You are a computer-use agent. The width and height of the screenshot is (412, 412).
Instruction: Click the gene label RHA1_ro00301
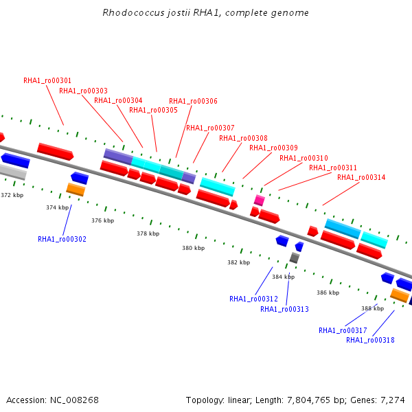(47, 80)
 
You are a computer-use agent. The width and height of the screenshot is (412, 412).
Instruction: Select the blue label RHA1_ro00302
(62, 239)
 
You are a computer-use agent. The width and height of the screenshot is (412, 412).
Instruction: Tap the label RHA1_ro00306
(193, 101)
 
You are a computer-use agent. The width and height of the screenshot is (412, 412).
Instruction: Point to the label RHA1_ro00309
(273, 148)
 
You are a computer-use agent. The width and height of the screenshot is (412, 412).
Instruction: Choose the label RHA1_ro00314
(361, 177)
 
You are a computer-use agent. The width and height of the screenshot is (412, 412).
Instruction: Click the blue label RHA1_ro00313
(284, 309)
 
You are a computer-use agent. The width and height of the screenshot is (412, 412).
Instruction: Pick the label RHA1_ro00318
(371, 340)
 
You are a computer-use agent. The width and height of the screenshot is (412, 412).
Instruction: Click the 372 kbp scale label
(12, 195)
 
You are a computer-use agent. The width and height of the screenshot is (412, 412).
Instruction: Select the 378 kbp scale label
(148, 233)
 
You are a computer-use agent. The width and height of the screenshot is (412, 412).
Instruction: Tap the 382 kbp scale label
(238, 262)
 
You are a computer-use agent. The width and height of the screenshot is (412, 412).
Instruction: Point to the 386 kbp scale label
(328, 293)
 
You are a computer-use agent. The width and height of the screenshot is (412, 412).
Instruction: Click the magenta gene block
(260, 201)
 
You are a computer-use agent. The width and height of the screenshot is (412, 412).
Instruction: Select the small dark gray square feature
(295, 257)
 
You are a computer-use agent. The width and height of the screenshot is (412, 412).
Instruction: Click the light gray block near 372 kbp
(12, 172)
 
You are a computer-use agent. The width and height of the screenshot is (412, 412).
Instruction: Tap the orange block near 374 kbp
(76, 190)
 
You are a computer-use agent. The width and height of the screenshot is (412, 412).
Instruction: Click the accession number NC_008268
(74, 400)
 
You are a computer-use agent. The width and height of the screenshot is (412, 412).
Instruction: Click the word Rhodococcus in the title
(133, 12)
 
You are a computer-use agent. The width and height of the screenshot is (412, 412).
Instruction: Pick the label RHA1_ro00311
(333, 168)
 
